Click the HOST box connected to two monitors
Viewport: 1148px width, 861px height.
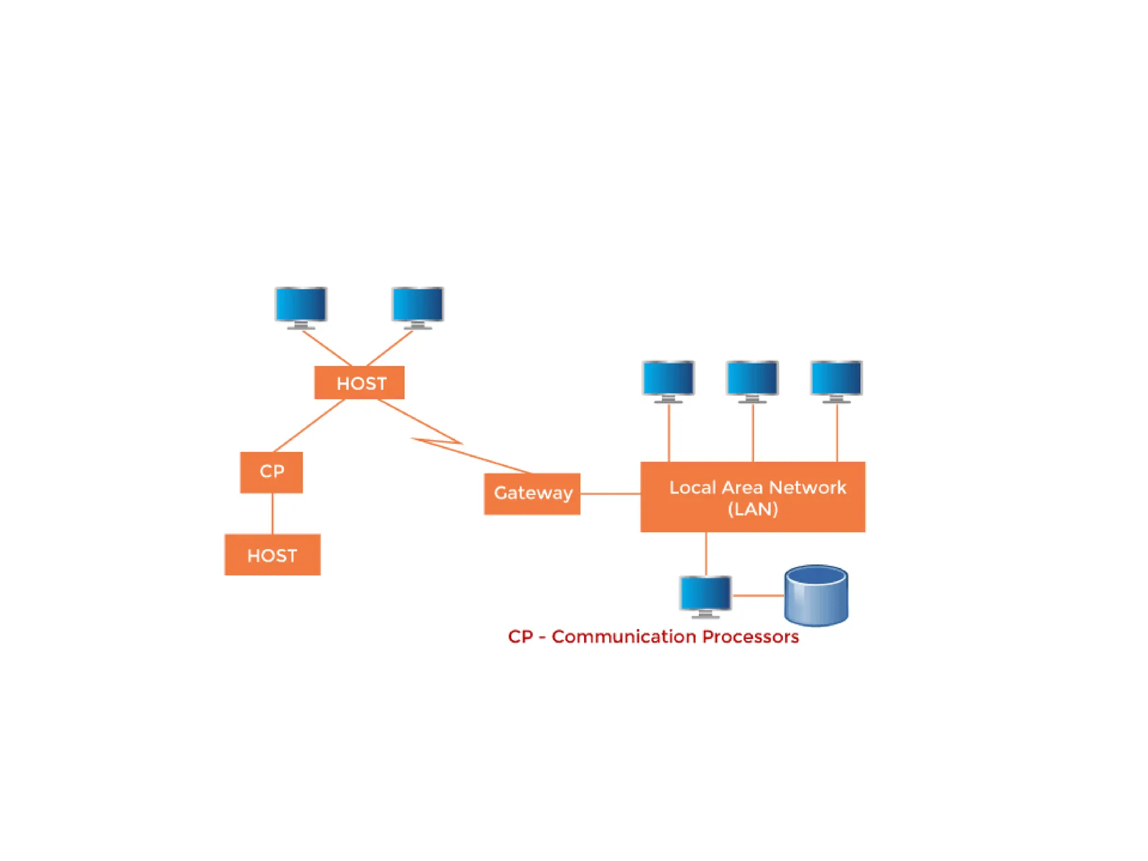[x=359, y=383]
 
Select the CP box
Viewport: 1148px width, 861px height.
[x=271, y=472]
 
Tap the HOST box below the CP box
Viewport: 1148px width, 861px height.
[x=272, y=554]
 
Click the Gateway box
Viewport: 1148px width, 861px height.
[x=532, y=493]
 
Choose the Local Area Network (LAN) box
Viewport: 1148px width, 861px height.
[x=753, y=497]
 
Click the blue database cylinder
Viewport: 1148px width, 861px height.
[x=816, y=595]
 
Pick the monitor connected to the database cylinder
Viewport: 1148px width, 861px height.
[x=705, y=594]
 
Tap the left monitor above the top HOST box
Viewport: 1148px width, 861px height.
[x=301, y=306]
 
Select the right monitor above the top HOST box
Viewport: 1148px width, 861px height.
[x=418, y=306]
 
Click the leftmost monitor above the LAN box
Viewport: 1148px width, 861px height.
[x=668, y=379]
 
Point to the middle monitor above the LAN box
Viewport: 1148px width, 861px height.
[x=752, y=379]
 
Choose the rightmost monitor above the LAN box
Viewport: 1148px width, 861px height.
[x=836, y=379]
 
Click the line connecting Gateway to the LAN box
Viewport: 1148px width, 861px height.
[x=610, y=494]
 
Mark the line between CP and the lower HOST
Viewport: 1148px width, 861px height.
[x=272, y=513]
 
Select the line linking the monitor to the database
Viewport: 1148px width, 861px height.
[x=758, y=595]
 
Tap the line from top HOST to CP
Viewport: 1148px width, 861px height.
[x=309, y=425]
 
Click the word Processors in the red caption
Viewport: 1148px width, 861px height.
[x=750, y=637]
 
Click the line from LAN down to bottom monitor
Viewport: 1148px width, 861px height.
[x=706, y=553]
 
